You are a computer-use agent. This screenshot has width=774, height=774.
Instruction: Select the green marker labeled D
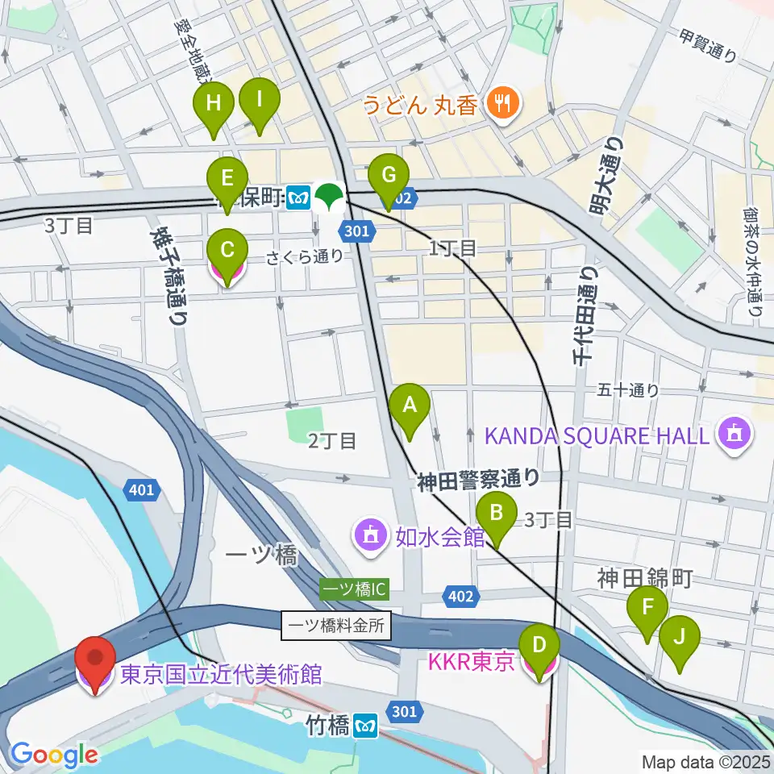pos(540,646)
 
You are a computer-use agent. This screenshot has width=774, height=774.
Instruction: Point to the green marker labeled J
pos(679,638)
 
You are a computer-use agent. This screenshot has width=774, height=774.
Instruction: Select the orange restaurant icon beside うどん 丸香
pos(506,102)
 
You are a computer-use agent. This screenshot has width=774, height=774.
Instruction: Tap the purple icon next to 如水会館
pos(370,535)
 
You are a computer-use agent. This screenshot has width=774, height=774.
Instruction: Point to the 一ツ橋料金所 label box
pos(336,624)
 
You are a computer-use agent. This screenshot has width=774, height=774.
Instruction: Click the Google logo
pos(54,755)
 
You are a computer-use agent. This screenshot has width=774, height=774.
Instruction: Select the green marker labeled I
pos(259,102)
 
